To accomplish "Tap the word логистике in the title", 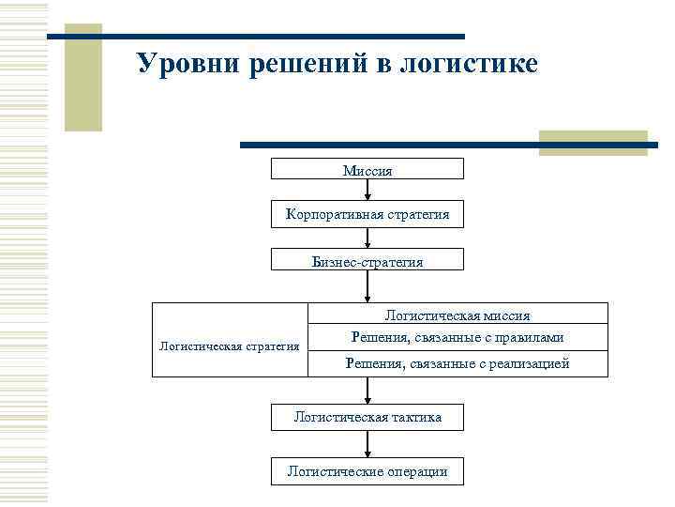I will (469, 64).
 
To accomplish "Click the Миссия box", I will (367, 169).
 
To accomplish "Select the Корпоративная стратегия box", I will (367, 215).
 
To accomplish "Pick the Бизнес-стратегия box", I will (367, 261).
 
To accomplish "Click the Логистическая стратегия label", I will (230, 346).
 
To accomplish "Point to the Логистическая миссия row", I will (457, 315).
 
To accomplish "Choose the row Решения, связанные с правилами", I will (457, 337).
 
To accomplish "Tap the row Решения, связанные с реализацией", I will (457, 363).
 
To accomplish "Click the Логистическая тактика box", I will (367, 416).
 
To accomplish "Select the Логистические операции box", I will (367, 471).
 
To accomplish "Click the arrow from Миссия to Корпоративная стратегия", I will (367, 191).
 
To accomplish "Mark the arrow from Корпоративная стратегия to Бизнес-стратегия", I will (367, 238).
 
